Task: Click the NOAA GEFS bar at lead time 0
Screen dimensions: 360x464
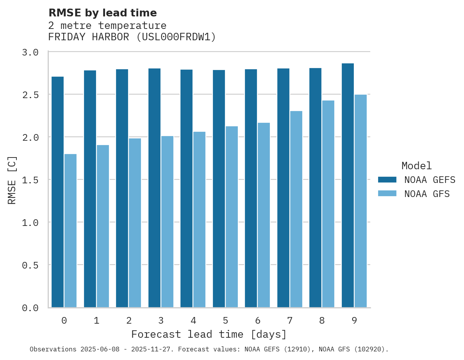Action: [x=57, y=192]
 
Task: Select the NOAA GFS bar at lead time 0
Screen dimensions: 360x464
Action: [x=70, y=231]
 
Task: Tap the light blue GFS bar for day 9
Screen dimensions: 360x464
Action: [x=360, y=201]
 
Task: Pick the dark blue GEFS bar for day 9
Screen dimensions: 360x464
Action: [x=348, y=185]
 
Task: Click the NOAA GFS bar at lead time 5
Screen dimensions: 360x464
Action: [x=232, y=217]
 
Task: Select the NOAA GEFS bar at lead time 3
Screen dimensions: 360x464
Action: [x=154, y=188]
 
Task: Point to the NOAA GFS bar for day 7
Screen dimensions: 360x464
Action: [x=296, y=209]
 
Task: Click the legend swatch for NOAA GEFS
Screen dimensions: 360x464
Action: [x=387, y=180]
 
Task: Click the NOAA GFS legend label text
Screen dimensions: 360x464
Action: [x=427, y=194]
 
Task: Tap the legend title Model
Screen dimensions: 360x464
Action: [x=416, y=166]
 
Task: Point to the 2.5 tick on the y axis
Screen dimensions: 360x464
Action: [x=30, y=95]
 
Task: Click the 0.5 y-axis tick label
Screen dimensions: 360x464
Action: [x=30, y=265]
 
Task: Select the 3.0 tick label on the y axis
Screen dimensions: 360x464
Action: [x=30, y=52]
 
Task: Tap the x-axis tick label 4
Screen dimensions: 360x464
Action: [x=193, y=321]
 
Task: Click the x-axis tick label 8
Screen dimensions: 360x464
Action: [x=322, y=321]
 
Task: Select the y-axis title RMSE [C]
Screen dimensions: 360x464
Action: [x=12, y=180]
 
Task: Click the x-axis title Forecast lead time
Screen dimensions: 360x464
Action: [x=209, y=335]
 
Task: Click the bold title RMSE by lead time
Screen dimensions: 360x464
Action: [x=102, y=13]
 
